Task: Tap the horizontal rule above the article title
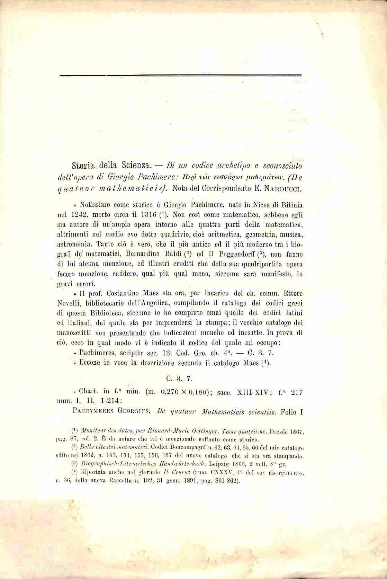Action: click(180, 75)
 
